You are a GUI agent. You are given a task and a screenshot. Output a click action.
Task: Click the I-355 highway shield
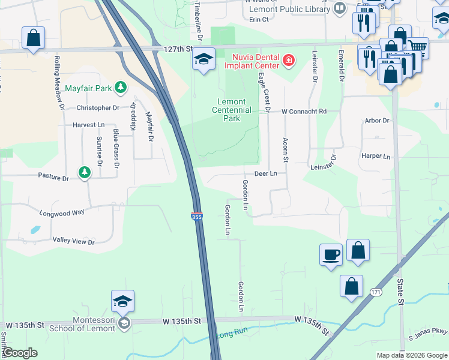tap(196, 216)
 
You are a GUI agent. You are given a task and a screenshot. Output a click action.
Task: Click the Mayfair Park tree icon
tap(121, 88)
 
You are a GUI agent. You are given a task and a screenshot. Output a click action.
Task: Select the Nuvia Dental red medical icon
tap(289, 60)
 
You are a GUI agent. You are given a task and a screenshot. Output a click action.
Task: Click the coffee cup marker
tap(331, 254)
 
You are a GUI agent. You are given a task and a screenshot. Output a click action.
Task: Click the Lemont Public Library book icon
tap(340, 8)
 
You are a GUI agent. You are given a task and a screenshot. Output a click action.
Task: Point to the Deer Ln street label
tap(265, 173)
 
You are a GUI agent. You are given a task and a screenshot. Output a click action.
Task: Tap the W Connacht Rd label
tap(305, 111)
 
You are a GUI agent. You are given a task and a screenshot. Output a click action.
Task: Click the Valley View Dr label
tap(74, 241)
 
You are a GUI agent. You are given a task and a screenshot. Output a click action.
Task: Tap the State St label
tap(399, 283)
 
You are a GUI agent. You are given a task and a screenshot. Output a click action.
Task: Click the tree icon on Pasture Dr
tap(85, 173)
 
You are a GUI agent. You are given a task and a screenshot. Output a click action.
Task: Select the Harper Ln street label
tap(376, 156)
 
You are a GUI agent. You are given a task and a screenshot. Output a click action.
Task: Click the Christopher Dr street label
tap(98, 108)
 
